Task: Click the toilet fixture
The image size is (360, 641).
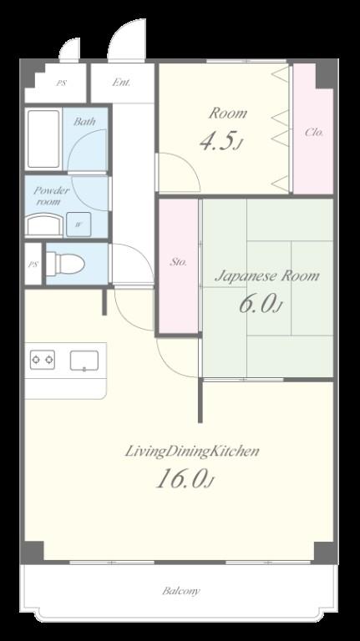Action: point(65,264)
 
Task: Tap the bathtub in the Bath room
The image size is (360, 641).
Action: point(43,139)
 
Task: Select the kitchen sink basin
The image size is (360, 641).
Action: point(84,361)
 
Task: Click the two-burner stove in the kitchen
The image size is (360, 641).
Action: point(43,360)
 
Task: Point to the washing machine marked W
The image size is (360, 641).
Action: point(79,224)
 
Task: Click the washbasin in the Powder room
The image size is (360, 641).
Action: point(44,225)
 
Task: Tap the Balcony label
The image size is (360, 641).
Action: point(181,591)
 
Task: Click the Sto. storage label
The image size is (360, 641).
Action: point(179,262)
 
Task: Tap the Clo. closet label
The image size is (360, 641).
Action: point(315,132)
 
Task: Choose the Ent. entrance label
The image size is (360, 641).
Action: point(121,82)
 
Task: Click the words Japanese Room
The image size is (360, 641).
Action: point(267,276)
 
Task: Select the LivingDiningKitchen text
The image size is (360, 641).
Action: point(191,452)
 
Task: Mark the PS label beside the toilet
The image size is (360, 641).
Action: point(33,264)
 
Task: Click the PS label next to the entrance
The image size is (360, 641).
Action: point(61,83)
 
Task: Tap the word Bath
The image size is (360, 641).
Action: point(84,121)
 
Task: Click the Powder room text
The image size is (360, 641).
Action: point(51,196)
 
